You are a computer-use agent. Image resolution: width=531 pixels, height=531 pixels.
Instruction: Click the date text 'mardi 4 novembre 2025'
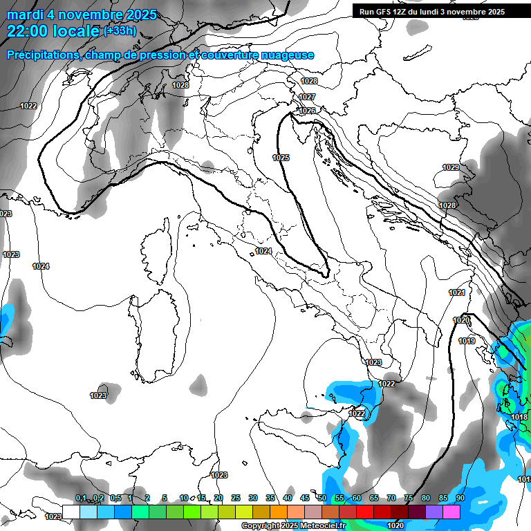pos(82,15)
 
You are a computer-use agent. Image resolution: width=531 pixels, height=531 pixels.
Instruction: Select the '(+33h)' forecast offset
pos(120,30)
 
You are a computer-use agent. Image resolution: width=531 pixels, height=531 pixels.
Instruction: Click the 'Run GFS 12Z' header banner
pos(428,12)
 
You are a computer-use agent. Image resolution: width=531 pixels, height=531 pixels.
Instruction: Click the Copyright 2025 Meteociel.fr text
pos(293,525)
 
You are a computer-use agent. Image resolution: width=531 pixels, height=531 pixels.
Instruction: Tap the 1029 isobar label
pos(451,168)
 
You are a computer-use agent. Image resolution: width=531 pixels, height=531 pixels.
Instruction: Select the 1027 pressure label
pos(308,97)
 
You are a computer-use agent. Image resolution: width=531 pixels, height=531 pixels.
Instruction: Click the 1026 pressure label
pos(308,111)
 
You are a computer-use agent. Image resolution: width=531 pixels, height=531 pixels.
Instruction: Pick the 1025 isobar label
pos(281,158)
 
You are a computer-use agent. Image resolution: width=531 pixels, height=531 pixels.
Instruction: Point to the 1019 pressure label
pos(467,341)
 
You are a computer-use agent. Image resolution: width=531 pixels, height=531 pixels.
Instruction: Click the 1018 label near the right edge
pos(520,417)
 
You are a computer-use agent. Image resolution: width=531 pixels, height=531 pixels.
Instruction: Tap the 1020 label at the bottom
pos(395,525)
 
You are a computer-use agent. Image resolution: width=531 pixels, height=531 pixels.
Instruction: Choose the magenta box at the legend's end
pos(451,512)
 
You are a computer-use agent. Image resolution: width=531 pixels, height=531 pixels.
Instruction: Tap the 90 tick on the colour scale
pos(460,499)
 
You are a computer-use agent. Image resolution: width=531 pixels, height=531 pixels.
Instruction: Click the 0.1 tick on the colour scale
pos(81,499)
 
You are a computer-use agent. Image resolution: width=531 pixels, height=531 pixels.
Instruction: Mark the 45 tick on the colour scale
pos(305,499)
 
